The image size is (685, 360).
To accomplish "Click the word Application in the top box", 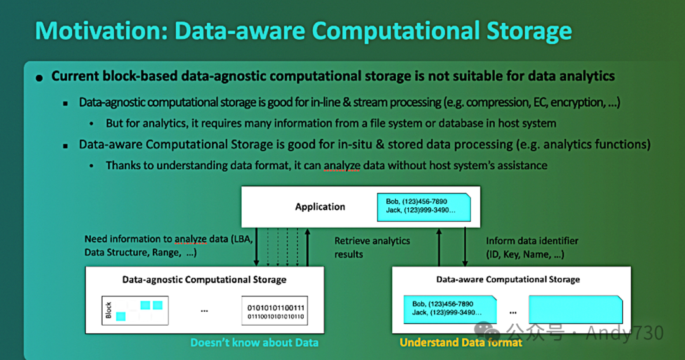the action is click(320, 207).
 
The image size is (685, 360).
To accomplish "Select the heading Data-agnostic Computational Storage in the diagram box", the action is click(204, 280).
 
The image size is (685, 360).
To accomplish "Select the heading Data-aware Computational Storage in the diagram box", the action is click(508, 280).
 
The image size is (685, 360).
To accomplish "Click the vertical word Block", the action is click(108, 310).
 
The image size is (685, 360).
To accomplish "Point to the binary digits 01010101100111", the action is click(275, 308).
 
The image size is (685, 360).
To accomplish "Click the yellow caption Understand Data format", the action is click(461, 342).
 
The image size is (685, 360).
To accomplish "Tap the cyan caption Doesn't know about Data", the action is click(254, 342).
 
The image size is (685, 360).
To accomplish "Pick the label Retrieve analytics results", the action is click(372, 247).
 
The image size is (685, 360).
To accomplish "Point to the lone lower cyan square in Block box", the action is click(121, 316).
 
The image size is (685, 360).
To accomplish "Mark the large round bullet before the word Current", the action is click(39, 77).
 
